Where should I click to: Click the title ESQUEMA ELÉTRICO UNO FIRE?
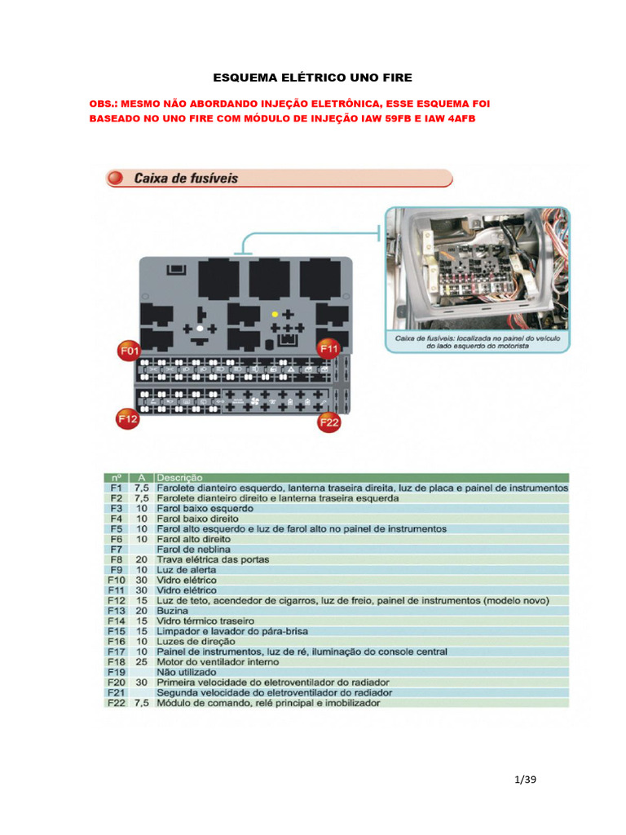click(x=313, y=77)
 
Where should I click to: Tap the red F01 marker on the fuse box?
click(x=129, y=351)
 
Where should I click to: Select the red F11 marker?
click(x=328, y=349)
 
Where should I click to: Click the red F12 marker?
click(x=127, y=419)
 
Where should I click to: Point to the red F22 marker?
click(x=328, y=421)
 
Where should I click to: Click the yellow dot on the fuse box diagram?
click(x=275, y=314)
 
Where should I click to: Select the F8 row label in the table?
click(x=115, y=559)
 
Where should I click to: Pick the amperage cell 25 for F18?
click(x=141, y=661)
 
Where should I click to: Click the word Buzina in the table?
click(x=172, y=611)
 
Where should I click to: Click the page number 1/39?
click(x=527, y=780)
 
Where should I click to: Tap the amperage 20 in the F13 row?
click(x=141, y=611)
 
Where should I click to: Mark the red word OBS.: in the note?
click(x=103, y=105)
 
